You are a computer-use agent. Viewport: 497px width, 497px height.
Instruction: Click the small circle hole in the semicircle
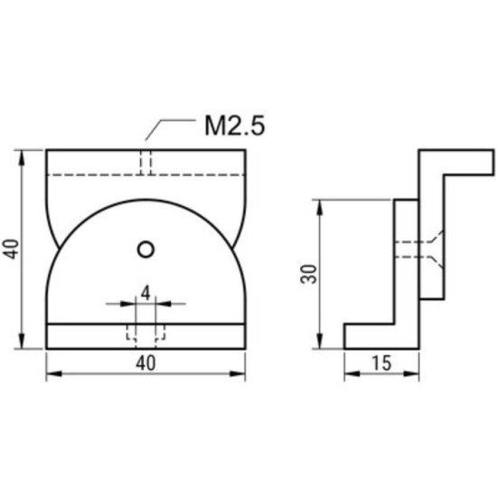pyautogui.click(x=145, y=248)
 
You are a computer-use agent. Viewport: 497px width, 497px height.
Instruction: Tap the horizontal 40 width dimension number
pyautogui.click(x=145, y=362)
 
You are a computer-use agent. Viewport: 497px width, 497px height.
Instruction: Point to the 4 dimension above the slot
pyautogui.click(x=145, y=293)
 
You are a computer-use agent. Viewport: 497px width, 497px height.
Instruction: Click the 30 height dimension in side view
pyautogui.click(x=307, y=275)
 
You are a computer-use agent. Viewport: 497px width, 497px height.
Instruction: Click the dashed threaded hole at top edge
pyautogui.click(x=145, y=160)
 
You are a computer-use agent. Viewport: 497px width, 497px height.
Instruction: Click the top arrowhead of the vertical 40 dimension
pyautogui.click(x=21, y=155)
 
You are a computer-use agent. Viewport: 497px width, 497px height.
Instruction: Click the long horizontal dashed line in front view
pyautogui.click(x=145, y=173)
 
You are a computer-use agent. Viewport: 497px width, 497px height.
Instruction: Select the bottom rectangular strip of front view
pyautogui.click(x=145, y=336)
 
